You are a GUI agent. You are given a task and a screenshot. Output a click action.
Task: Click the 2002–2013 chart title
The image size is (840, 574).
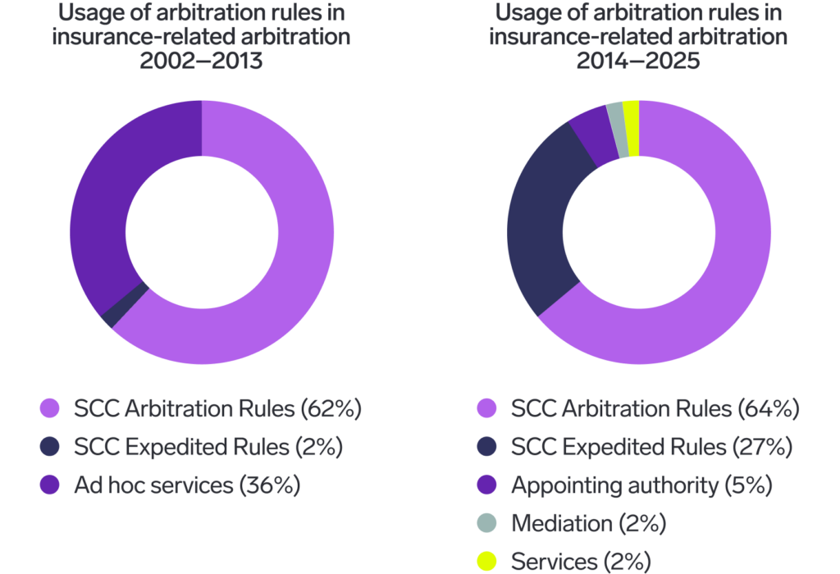point(202,37)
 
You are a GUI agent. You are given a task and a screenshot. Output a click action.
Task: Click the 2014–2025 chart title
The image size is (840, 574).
point(638,37)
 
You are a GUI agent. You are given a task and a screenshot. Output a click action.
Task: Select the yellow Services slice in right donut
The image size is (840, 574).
point(631,116)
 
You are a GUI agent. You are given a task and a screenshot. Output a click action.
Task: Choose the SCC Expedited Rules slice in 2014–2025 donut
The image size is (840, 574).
point(541,221)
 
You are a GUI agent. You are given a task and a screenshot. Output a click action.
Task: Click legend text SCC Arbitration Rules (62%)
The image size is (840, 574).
point(217,408)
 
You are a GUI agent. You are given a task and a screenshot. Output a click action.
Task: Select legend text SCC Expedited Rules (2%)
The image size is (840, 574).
point(208,447)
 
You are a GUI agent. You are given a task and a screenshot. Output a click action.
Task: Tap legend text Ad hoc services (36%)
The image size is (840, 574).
point(187,485)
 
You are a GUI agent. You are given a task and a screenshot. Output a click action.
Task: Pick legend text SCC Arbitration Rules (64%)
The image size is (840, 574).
point(655,408)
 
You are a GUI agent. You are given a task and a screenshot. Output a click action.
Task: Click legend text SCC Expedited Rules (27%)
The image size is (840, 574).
point(651,447)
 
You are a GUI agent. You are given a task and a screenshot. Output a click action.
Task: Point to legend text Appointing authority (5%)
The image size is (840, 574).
point(641,485)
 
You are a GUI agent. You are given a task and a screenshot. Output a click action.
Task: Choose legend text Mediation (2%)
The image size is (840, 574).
point(588,523)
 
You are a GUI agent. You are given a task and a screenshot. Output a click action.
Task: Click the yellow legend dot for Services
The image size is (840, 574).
point(487,562)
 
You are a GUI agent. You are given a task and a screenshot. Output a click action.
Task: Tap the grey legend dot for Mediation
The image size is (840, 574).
point(487,523)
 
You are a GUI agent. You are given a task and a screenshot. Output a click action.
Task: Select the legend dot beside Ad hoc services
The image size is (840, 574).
point(51,485)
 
